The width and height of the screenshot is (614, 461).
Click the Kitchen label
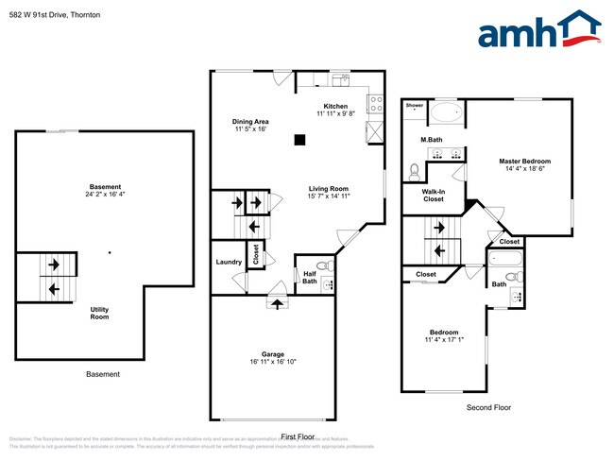click(335, 106)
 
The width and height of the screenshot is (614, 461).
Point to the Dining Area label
click(251, 122)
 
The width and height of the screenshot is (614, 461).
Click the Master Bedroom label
click(524, 162)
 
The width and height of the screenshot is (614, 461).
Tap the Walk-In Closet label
click(433, 195)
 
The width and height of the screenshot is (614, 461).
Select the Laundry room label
click(229, 262)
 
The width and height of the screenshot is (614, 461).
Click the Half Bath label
click(310, 277)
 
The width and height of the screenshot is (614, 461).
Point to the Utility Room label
click(99, 313)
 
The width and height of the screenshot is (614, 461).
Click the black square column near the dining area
click(299, 141)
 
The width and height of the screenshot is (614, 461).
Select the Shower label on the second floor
click(415, 106)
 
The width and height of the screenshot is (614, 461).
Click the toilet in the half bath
click(322, 265)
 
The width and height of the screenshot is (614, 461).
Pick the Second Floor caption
click(488, 407)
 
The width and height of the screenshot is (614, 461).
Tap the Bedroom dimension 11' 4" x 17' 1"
click(444, 339)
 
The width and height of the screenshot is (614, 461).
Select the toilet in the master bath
click(413, 171)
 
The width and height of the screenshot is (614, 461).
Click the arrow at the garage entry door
click(277, 302)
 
